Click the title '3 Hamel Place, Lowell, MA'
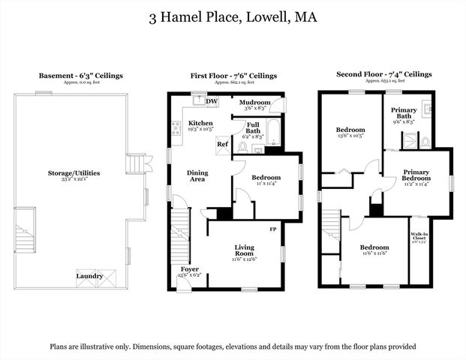233,16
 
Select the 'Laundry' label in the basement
89,276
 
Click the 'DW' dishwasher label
212,100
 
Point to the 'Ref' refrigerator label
222,143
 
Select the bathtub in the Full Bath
273,132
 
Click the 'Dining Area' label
197,176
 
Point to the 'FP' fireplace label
273,227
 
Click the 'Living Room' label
245,250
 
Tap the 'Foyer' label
190,268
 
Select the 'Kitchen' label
200,123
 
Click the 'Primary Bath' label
404,113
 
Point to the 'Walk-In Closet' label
419,237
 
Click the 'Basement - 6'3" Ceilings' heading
81,76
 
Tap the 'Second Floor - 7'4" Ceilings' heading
385,75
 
